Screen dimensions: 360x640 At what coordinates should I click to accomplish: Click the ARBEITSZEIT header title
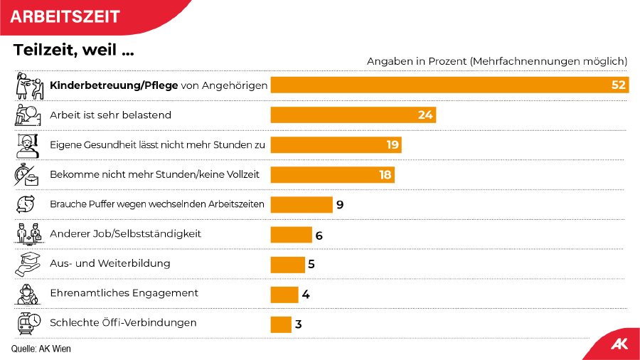(x=65, y=16)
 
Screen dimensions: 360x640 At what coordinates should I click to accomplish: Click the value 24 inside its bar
(x=425, y=115)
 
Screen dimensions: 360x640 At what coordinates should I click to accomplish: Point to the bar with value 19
(x=336, y=145)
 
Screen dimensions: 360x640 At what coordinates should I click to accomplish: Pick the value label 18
(x=385, y=175)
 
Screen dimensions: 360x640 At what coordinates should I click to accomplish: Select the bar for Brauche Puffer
(x=302, y=205)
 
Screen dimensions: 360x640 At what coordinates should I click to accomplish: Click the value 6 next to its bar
(x=319, y=235)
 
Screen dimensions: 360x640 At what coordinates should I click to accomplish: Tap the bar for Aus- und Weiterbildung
(x=288, y=265)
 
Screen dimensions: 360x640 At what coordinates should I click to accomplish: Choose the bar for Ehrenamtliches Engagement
(x=284, y=295)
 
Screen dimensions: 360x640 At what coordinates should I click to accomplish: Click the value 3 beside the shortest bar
(x=299, y=324)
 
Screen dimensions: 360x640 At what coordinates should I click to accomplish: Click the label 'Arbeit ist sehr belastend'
(x=110, y=115)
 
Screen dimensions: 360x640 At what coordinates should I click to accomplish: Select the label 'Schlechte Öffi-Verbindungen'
(x=123, y=322)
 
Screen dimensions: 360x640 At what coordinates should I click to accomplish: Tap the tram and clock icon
(x=28, y=323)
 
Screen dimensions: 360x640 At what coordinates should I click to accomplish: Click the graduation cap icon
(x=28, y=264)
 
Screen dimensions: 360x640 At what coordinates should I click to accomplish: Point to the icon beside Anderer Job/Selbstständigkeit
(x=28, y=234)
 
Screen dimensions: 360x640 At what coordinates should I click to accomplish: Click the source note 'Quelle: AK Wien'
(x=41, y=349)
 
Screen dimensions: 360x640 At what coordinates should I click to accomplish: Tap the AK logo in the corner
(x=618, y=344)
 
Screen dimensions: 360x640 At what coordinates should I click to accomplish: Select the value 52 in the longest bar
(x=618, y=85)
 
